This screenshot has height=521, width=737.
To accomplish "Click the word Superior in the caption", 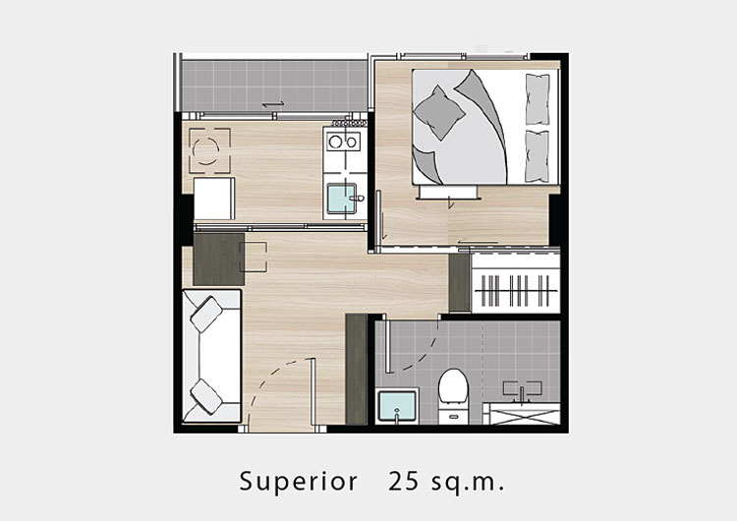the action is click(298, 481).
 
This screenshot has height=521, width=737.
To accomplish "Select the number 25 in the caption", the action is click(404, 481).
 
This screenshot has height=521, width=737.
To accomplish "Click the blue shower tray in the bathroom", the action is click(398, 406).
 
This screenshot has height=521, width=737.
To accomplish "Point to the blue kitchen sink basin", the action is click(342, 199).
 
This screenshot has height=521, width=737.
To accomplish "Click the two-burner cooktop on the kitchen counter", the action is click(344, 142).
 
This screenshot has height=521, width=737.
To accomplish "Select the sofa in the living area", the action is click(211, 356).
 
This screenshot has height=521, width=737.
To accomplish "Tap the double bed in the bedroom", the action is click(485, 127).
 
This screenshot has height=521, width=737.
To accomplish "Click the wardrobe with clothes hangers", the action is click(516, 283).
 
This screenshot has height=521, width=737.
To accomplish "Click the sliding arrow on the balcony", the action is click(273, 104).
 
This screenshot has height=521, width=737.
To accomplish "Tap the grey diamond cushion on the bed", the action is click(438, 113).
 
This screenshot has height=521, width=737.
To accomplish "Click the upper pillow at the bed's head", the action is click(538, 99).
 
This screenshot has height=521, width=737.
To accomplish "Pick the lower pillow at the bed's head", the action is click(538, 156).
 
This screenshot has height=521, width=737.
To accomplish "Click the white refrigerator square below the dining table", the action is click(214, 199).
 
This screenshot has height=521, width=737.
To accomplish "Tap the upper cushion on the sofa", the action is click(206, 314).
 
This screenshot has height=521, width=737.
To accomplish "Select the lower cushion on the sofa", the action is click(206, 396).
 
